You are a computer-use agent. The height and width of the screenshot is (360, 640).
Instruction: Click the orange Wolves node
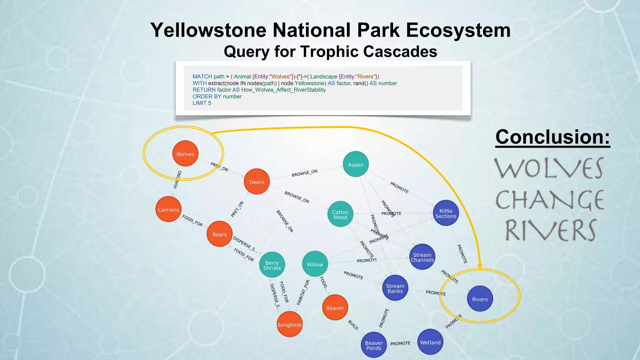[x=185, y=154]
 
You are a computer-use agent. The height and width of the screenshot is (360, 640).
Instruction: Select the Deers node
[x=257, y=182]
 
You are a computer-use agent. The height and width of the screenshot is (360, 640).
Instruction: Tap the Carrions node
[x=168, y=210]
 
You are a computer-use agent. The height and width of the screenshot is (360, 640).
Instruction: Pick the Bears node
[x=219, y=234]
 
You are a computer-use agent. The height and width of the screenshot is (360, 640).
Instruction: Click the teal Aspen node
[x=356, y=164]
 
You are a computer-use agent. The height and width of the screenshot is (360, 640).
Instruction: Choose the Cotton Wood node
[x=340, y=214]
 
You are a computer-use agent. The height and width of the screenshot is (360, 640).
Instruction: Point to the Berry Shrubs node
[x=272, y=265]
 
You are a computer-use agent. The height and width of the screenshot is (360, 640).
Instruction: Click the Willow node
[x=315, y=264]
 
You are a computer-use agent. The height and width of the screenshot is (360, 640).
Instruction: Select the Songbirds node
[x=290, y=325]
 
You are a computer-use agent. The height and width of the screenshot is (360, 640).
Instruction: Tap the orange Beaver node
[x=335, y=308]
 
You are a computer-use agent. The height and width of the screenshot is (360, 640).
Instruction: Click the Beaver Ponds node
[x=374, y=345]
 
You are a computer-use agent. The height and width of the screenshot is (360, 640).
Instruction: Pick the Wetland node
[x=430, y=342]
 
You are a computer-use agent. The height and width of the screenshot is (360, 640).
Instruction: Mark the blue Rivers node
[x=480, y=299]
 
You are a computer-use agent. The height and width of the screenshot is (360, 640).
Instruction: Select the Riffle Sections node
[x=446, y=213]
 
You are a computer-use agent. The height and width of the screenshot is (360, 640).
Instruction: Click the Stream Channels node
[x=422, y=257]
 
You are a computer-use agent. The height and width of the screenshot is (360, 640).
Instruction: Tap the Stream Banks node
[x=395, y=288]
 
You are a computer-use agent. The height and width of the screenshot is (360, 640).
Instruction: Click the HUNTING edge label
[x=177, y=180]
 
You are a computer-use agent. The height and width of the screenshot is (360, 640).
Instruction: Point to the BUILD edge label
[x=353, y=325]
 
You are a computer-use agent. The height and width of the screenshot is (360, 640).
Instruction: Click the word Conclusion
[x=552, y=137]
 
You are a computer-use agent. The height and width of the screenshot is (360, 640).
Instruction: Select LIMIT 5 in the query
[x=202, y=103]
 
